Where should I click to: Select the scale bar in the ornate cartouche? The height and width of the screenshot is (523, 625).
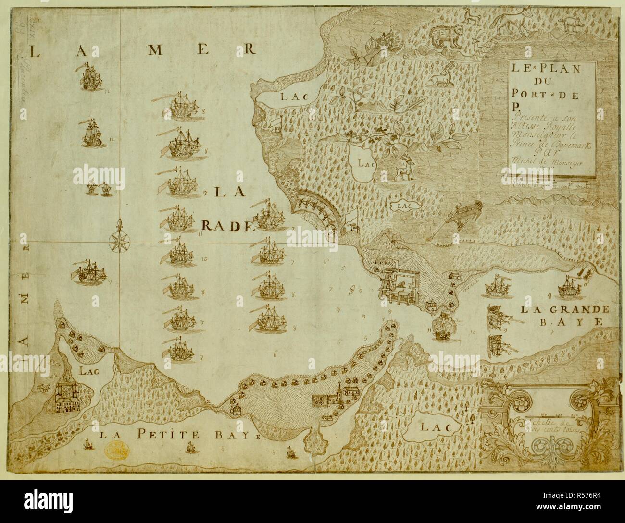pyautogui.click(x=550, y=414)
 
